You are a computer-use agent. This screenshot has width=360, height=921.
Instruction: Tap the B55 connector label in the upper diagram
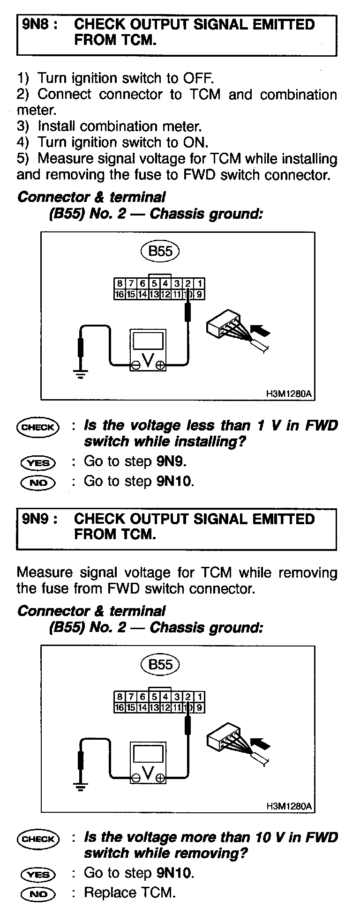pyautogui.click(x=160, y=251)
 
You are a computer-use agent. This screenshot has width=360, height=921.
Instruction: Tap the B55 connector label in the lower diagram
pyautogui.click(x=160, y=665)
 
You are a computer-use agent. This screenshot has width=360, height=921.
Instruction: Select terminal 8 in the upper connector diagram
pyautogui.click(x=120, y=283)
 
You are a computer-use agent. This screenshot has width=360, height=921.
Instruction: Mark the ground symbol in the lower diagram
pyautogui.click(x=81, y=787)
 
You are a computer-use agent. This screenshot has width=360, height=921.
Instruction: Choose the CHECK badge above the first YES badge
pyautogui.click(x=38, y=427)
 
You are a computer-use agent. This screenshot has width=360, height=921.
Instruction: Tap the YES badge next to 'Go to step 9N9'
pyautogui.click(x=38, y=463)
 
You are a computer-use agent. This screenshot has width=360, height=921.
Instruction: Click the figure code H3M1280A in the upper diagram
pyautogui.click(x=288, y=394)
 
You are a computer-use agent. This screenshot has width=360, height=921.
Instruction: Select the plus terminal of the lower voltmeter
pyautogui.click(x=161, y=779)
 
